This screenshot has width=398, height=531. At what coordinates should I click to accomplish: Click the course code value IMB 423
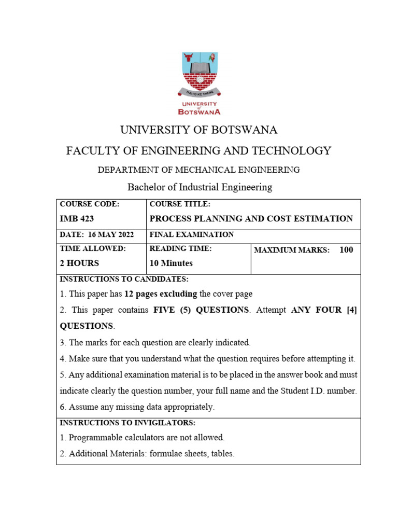(77, 219)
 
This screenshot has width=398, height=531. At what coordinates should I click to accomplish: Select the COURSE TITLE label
(180, 204)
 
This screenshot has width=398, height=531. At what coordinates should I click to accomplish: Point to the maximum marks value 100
(346, 250)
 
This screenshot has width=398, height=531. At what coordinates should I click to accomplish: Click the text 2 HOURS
(79, 263)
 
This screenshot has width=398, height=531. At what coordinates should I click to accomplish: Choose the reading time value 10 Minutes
(171, 263)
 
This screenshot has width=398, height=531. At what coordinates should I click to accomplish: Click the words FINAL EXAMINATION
(192, 235)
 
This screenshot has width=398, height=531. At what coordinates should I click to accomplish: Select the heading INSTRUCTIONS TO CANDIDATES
(124, 279)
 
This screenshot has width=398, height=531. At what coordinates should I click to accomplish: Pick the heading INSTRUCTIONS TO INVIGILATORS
(127, 423)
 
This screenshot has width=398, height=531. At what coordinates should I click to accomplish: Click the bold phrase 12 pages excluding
(161, 294)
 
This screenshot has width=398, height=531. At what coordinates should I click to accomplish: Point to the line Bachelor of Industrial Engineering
(200, 187)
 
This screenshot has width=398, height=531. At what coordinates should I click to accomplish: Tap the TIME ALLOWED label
(93, 249)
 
